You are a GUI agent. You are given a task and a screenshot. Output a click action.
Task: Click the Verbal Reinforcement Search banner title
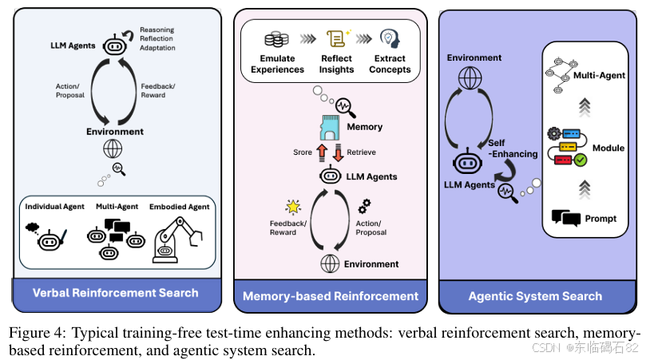coord(116,293)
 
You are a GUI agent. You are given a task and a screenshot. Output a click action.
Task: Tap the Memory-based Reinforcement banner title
coord(331,296)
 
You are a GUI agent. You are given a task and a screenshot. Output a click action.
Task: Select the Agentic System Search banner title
coord(535,296)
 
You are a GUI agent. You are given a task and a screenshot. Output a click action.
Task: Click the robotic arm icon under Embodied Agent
coord(177,239)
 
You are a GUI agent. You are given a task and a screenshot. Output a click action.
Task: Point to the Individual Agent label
coord(55,207)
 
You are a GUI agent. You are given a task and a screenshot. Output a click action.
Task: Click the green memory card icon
coord(330,127)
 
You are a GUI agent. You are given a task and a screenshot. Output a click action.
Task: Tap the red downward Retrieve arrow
coord(339,152)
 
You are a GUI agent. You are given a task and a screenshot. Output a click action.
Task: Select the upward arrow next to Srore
coord(322,152)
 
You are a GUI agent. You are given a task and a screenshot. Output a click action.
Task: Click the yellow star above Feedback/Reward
coord(293,206)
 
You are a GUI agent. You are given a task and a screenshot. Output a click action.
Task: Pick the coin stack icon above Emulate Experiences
coord(276,40)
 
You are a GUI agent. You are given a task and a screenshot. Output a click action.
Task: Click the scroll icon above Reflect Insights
coord(337,39)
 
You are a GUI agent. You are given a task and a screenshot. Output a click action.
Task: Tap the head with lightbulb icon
coord(390,38)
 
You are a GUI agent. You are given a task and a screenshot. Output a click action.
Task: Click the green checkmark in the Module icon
coord(581,160)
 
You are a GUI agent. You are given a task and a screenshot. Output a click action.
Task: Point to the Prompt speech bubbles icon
coord(566,218)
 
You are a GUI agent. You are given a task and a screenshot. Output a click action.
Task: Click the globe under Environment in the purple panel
coord(470,78)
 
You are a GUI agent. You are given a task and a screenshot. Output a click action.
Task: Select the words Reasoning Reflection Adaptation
coord(157,38)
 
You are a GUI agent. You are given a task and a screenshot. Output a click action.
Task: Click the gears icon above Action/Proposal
coord(364,206)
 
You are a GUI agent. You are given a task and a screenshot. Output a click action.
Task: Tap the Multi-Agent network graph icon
coord(561,75)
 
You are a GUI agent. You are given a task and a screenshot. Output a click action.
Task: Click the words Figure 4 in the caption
coord(38,333)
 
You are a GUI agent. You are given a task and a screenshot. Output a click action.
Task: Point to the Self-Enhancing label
coord(513,148)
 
